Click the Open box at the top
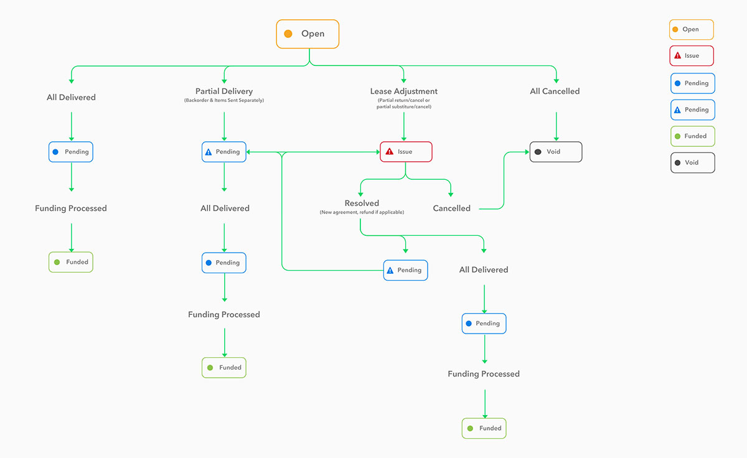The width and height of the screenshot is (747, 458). (308, 34)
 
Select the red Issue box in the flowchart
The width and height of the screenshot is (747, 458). (406, 152)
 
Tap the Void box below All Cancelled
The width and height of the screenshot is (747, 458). (556, 152)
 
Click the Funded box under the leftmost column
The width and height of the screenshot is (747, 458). (71, 262)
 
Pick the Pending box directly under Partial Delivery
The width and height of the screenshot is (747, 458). (224, 152)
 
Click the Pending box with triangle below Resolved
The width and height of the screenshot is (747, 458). (405, 270)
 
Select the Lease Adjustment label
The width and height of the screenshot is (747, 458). (403, 91)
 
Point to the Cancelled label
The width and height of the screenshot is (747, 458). (451, 208)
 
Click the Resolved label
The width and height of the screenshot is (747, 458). (362, 203)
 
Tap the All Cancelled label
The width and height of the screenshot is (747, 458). (555, 91)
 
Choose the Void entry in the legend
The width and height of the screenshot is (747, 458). (692, 162)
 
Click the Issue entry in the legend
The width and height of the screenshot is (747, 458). (692, 56)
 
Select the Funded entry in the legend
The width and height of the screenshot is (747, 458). (692, 136)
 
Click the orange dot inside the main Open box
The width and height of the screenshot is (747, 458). (288, 34)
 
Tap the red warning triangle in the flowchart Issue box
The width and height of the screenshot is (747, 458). (389, 152)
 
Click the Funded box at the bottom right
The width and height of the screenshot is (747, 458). (484, 428)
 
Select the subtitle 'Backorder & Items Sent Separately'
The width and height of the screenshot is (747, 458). (224, 101)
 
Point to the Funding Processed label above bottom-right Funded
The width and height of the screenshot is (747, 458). (484, 374)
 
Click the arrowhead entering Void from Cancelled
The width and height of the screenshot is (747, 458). (526, 152)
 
